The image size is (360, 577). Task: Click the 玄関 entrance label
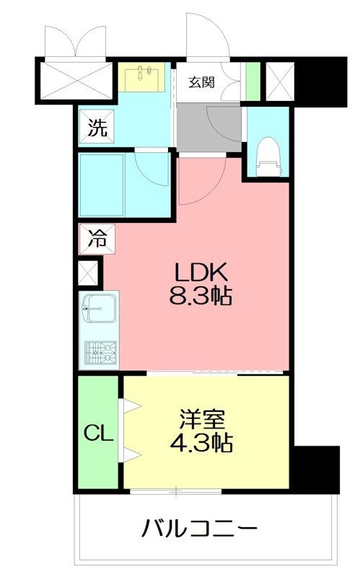point(201,82)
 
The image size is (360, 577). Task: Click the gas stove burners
point(100,353)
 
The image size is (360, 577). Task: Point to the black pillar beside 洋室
point(315,469)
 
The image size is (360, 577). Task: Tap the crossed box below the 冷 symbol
point(89,274)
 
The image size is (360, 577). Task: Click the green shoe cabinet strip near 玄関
point(252,82)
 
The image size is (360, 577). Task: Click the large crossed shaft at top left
point(76,82)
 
